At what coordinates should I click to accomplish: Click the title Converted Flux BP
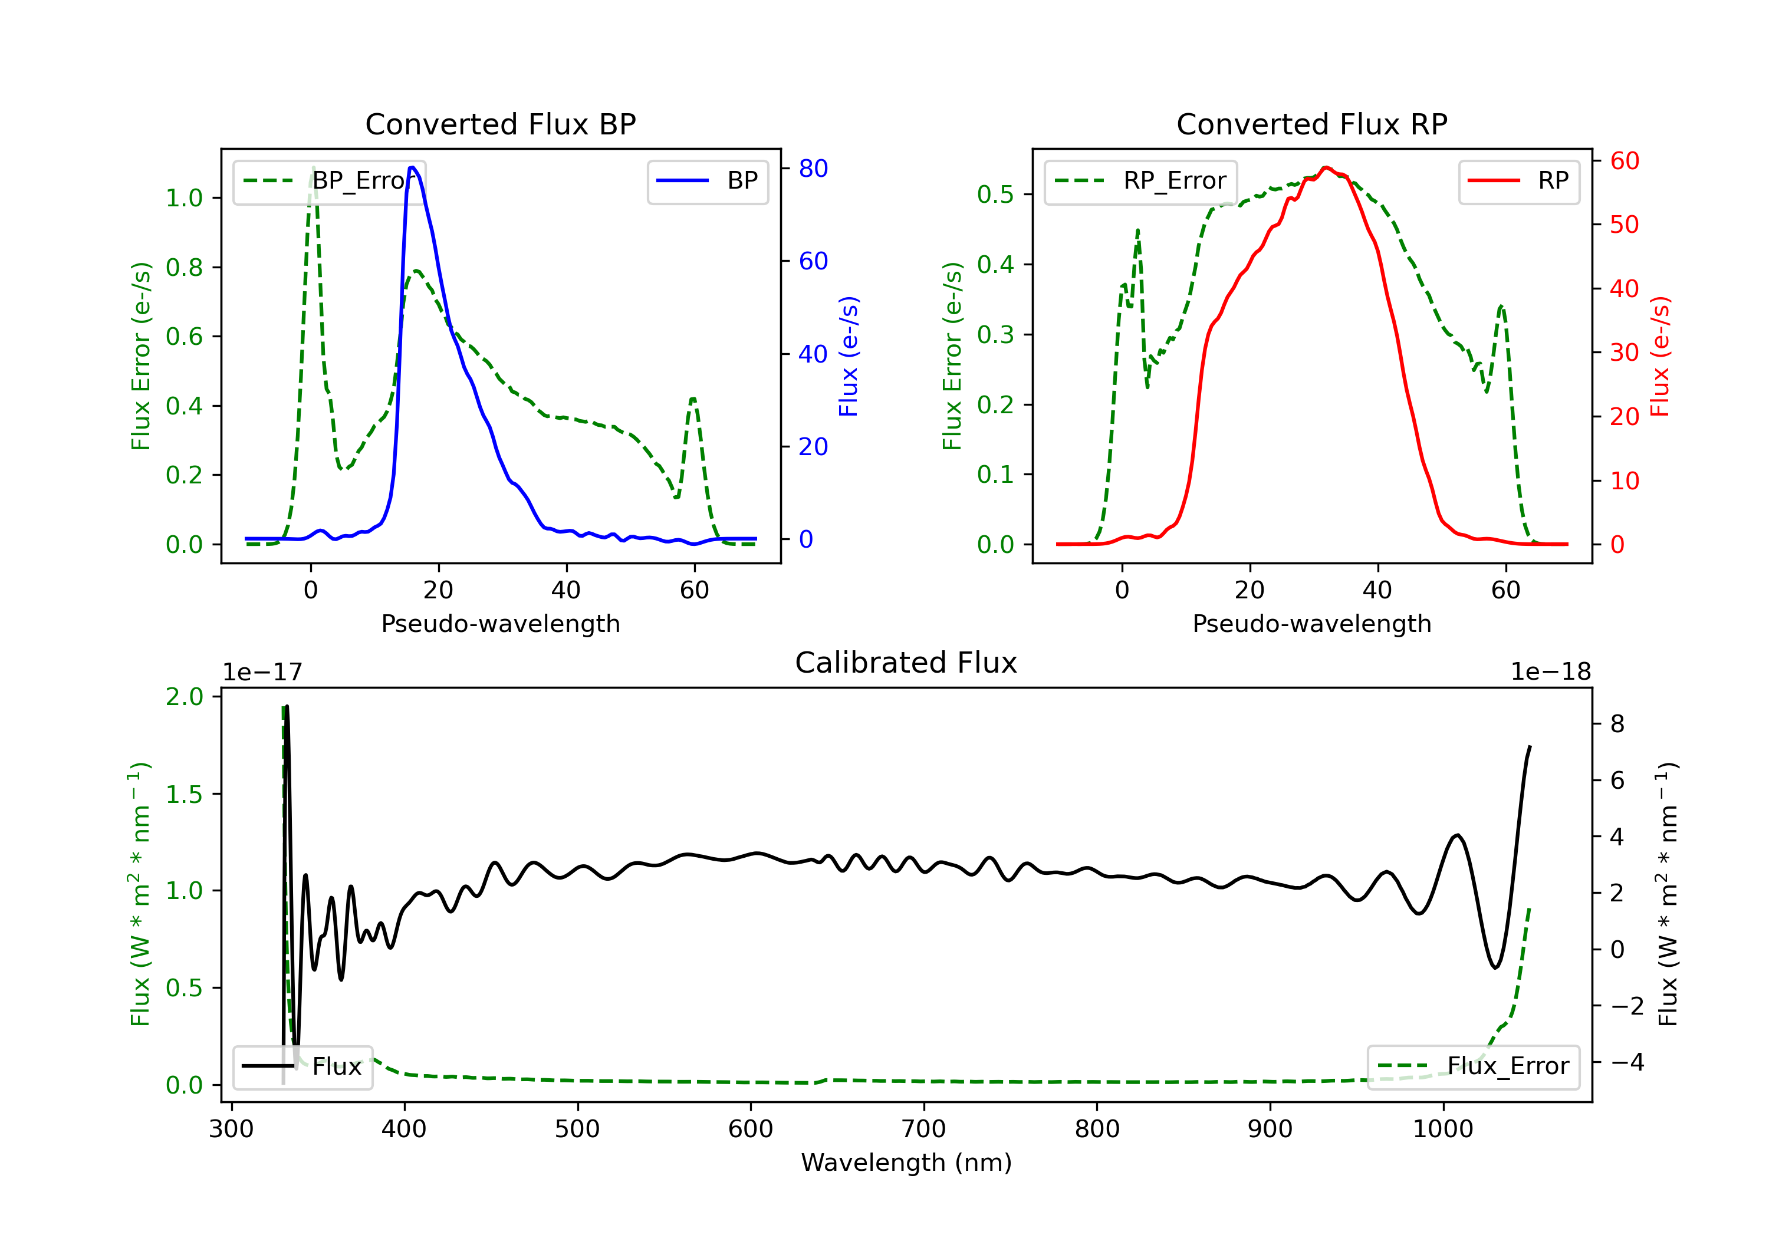click(x=500, y=124)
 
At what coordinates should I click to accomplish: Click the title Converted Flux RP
click(x=1311, y=124)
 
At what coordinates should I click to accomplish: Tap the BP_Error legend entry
click(x=329, y=181)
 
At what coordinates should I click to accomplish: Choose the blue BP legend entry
click(x=707, y=181)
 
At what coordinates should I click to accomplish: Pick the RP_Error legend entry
click(x=1140, y=181)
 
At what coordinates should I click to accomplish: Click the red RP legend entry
click(x=1518, y=181)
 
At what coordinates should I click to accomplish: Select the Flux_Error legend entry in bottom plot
click(x=1473, y=1066)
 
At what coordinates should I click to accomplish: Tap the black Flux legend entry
click(x=302, y=1066)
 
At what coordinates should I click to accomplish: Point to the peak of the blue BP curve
click(x=413, y=167)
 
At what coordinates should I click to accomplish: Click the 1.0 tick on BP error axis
click(x=184, y=198)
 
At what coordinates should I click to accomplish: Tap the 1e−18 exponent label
click(x=1550, y=672)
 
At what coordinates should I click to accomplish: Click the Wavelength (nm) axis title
click(x=906, y=1163)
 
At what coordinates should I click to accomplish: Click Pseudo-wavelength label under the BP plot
click(x=501, y=623)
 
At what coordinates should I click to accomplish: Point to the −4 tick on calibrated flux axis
click(x=1626, y=1062)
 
